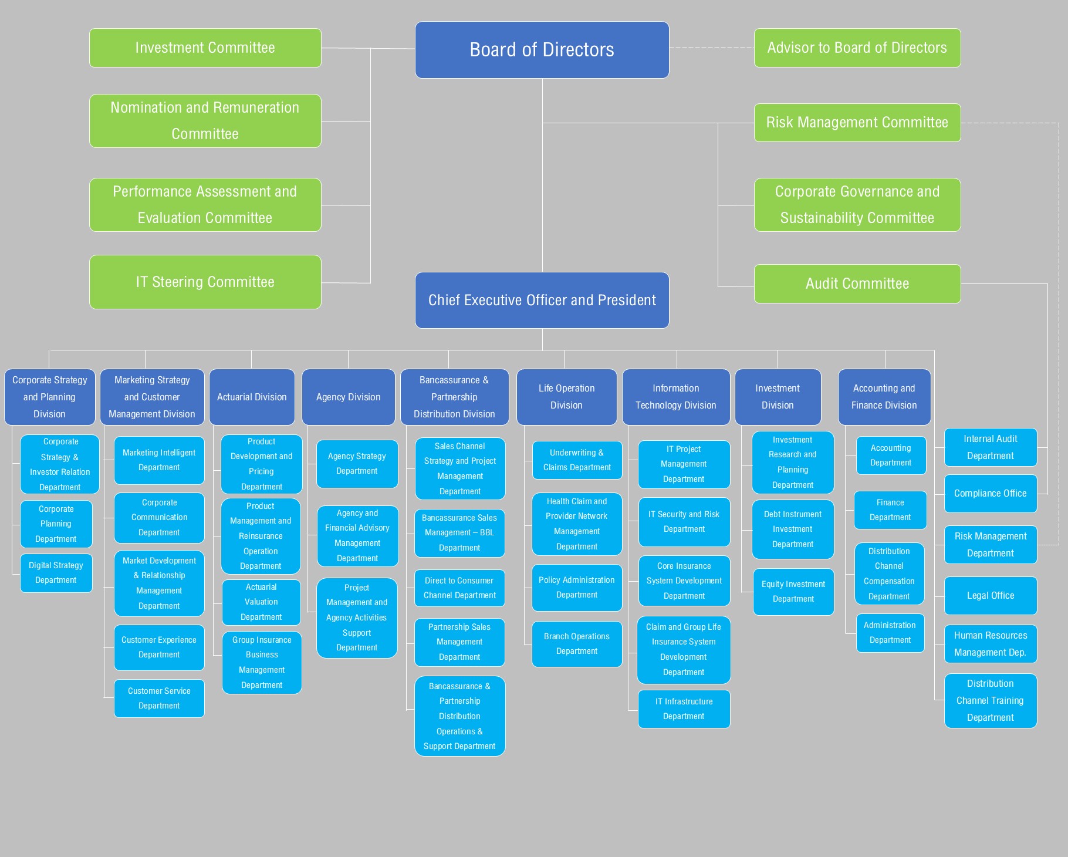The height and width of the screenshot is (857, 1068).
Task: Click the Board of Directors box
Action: (542, 50)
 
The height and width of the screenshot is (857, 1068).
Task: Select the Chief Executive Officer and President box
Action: (542, 300)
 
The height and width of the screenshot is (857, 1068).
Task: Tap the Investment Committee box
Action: (205, 48)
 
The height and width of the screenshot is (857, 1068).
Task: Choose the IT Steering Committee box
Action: (205, 282)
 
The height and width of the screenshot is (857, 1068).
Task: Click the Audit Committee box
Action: (857, 284)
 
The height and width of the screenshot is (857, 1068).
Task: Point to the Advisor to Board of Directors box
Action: (857, 48)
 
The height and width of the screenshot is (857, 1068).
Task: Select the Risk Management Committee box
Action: (857, 122)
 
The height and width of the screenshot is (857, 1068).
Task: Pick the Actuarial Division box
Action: (252, 397)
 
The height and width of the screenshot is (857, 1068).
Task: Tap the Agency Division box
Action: (348, 397)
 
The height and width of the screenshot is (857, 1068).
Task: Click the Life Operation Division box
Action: (566, 397)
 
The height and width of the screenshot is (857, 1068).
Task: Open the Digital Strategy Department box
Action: (56, 573)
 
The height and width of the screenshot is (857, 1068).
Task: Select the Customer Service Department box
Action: (159, 698)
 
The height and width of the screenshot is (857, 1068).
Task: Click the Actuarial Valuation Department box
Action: (261, 602)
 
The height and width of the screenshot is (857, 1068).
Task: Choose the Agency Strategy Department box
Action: (357, 464)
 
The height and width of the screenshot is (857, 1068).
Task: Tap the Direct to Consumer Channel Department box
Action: (459, 588)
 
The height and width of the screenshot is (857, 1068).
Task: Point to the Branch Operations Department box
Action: (577, 644)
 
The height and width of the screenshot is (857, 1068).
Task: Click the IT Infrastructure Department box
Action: (684, 709)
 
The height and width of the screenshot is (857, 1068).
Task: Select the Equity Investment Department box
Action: (793, 592)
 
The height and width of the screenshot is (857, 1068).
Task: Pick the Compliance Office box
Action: (990, 494)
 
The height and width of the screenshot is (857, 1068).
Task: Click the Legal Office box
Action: (990, 595)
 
